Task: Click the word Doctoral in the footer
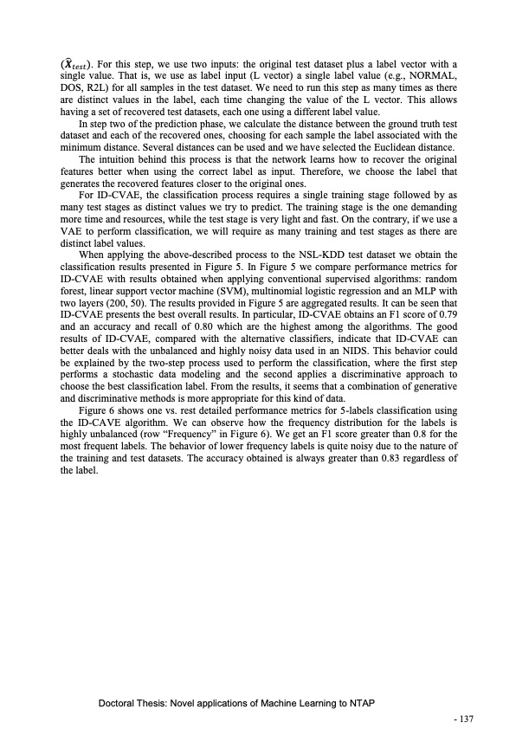coord(119,703)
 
